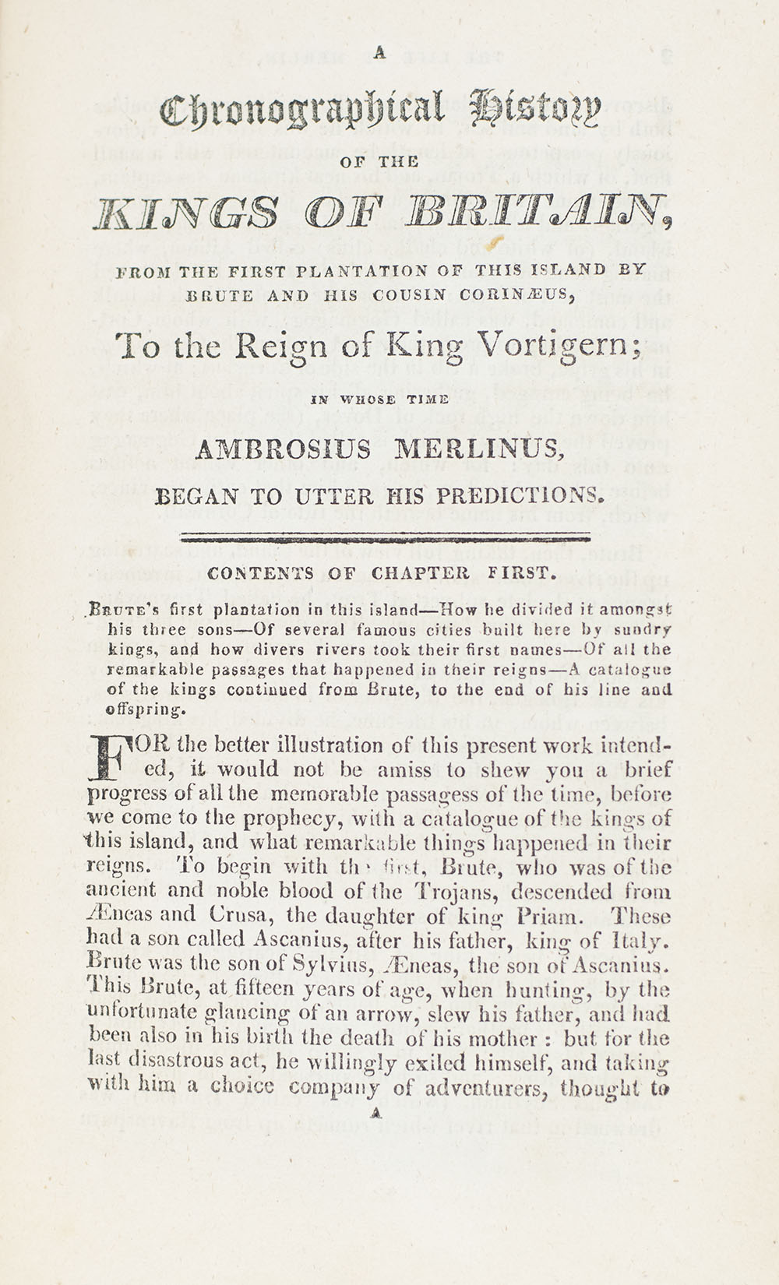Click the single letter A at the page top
[x=380, y=53]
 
